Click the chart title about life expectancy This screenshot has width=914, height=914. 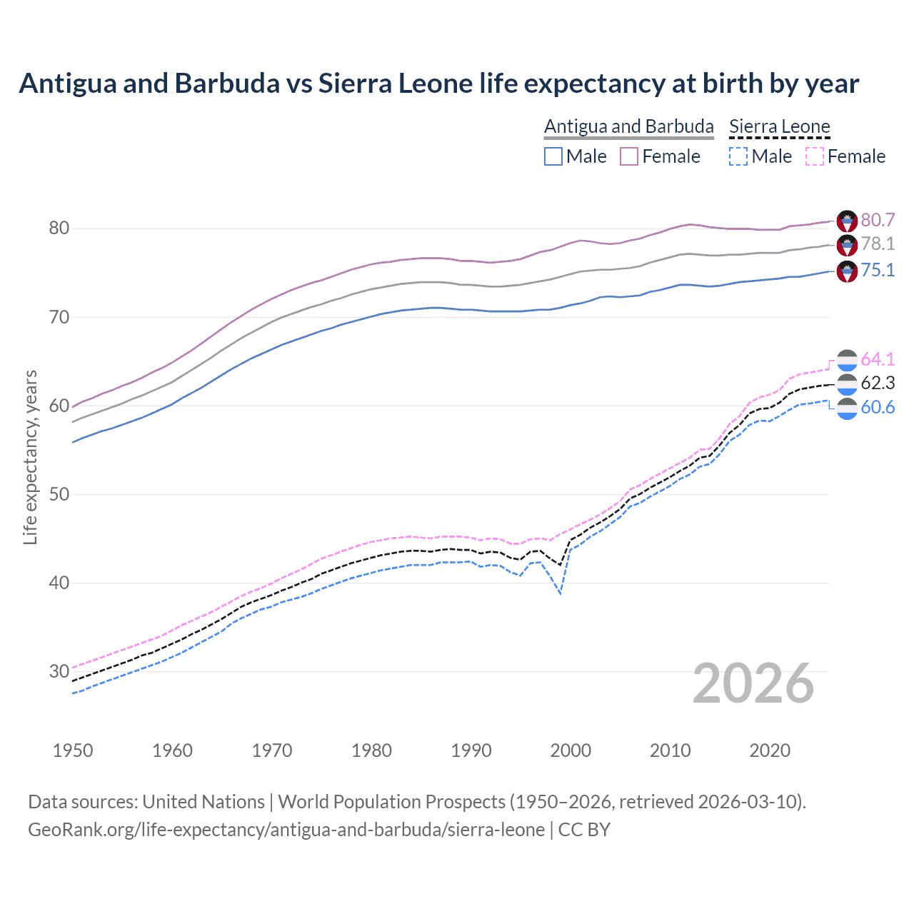[438, 84]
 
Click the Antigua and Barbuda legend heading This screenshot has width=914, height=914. [628, 126]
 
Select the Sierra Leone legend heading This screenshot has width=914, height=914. [779, 126]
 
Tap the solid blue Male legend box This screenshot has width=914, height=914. [553, 156]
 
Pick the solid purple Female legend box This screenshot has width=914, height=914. [629, 156]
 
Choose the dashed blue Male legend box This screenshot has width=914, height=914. [738, 156]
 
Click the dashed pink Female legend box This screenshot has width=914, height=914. [815, 156]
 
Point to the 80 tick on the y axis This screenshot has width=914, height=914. [59, 228]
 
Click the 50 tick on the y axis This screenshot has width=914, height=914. [59, 494]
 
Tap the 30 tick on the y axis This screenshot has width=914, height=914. [59, 671]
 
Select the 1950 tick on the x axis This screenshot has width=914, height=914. [73, 750]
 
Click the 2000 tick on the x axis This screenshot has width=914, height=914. [571, 750]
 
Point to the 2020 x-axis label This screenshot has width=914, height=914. [770, 750]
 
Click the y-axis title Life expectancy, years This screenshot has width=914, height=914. [30, 458]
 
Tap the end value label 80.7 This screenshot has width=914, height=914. [878, 220]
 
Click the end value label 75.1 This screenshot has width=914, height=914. [878, 270]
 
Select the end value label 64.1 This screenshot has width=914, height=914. [878, 359]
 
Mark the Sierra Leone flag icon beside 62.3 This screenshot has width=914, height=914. [847, 384]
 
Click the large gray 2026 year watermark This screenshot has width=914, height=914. [753, 683]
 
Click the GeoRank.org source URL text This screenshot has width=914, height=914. [286, 830]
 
